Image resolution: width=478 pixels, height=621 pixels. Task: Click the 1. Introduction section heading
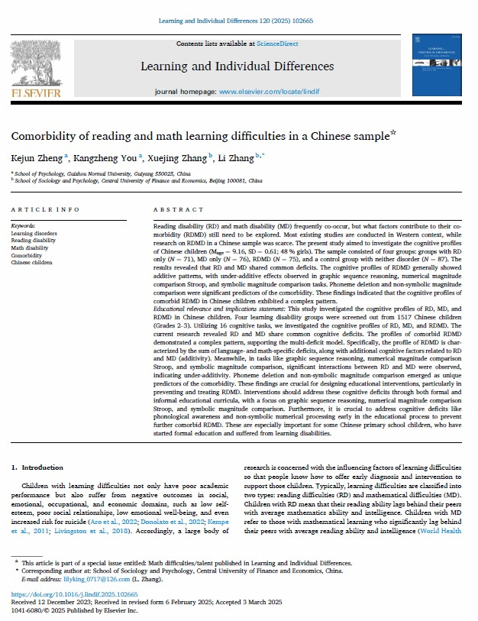point(37,467)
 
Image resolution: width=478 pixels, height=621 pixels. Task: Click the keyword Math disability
point(31,248)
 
